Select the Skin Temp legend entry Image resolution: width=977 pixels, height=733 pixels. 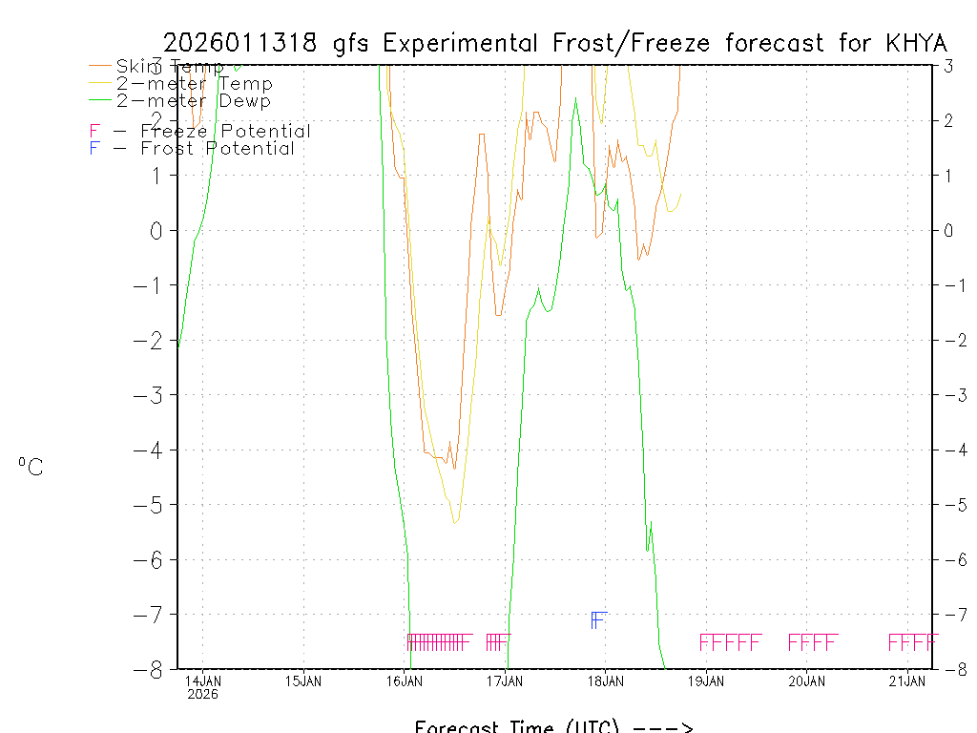coord(170,67)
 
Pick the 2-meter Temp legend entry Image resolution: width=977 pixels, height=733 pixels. coord(194,84)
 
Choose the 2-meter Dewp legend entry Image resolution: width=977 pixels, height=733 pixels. coord(193,101)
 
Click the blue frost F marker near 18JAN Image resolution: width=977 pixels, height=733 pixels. coord(597,620)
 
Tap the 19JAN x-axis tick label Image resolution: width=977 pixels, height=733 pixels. coord(707,681)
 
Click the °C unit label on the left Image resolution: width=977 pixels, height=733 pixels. coord(31,467)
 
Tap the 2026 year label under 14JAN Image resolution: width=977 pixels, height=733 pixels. coord(202,695)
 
